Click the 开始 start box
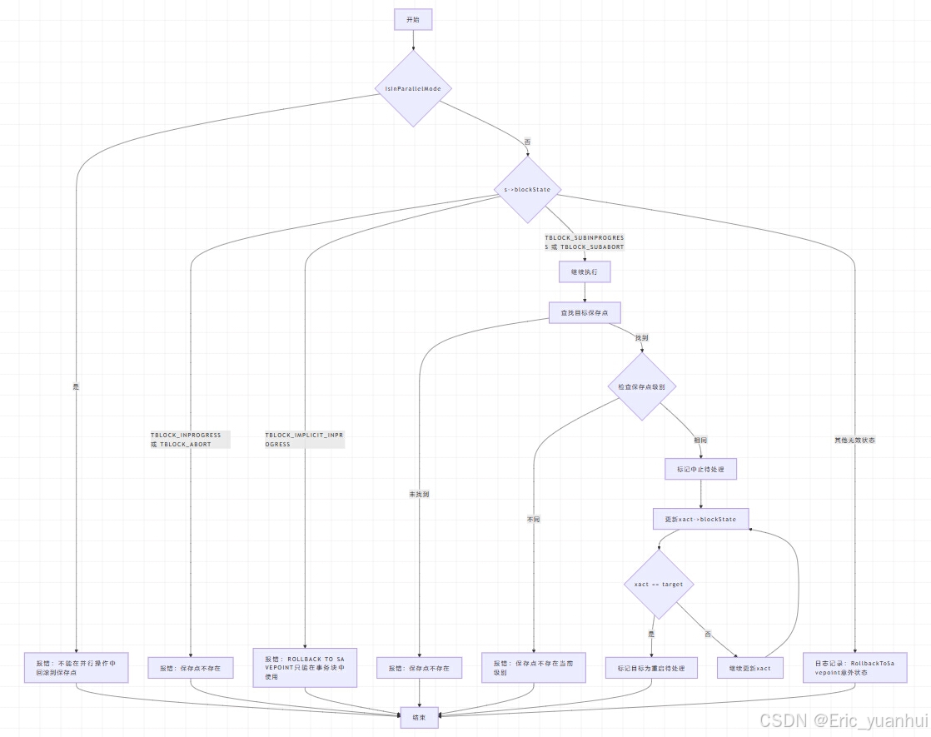click(x=413, y=20)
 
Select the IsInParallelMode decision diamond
click(x=413, y=88)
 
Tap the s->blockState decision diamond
click(x=527, y=190)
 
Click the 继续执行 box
click(x=585, y=271)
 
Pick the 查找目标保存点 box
click(x=585, y=312)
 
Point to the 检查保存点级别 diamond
click(x=641, y=387)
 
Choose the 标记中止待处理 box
click(x=700, y=469)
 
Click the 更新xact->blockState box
click(x=700, y=519)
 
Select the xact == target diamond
click(x=659, y=585)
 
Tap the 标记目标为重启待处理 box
click(x=651, y=668)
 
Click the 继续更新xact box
click(x=750, y=668)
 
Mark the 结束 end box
click(x=419, y=717)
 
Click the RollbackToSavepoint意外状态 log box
click(x=854, y=667)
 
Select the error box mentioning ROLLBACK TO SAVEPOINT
click(x=305, y=667)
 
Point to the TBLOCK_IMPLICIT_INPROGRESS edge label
click(x=304, y=440)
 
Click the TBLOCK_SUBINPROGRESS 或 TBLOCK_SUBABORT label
click(x=584, y=242)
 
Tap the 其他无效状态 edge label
click(x=854, y=440)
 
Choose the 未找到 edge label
click(x=419, y=495)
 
